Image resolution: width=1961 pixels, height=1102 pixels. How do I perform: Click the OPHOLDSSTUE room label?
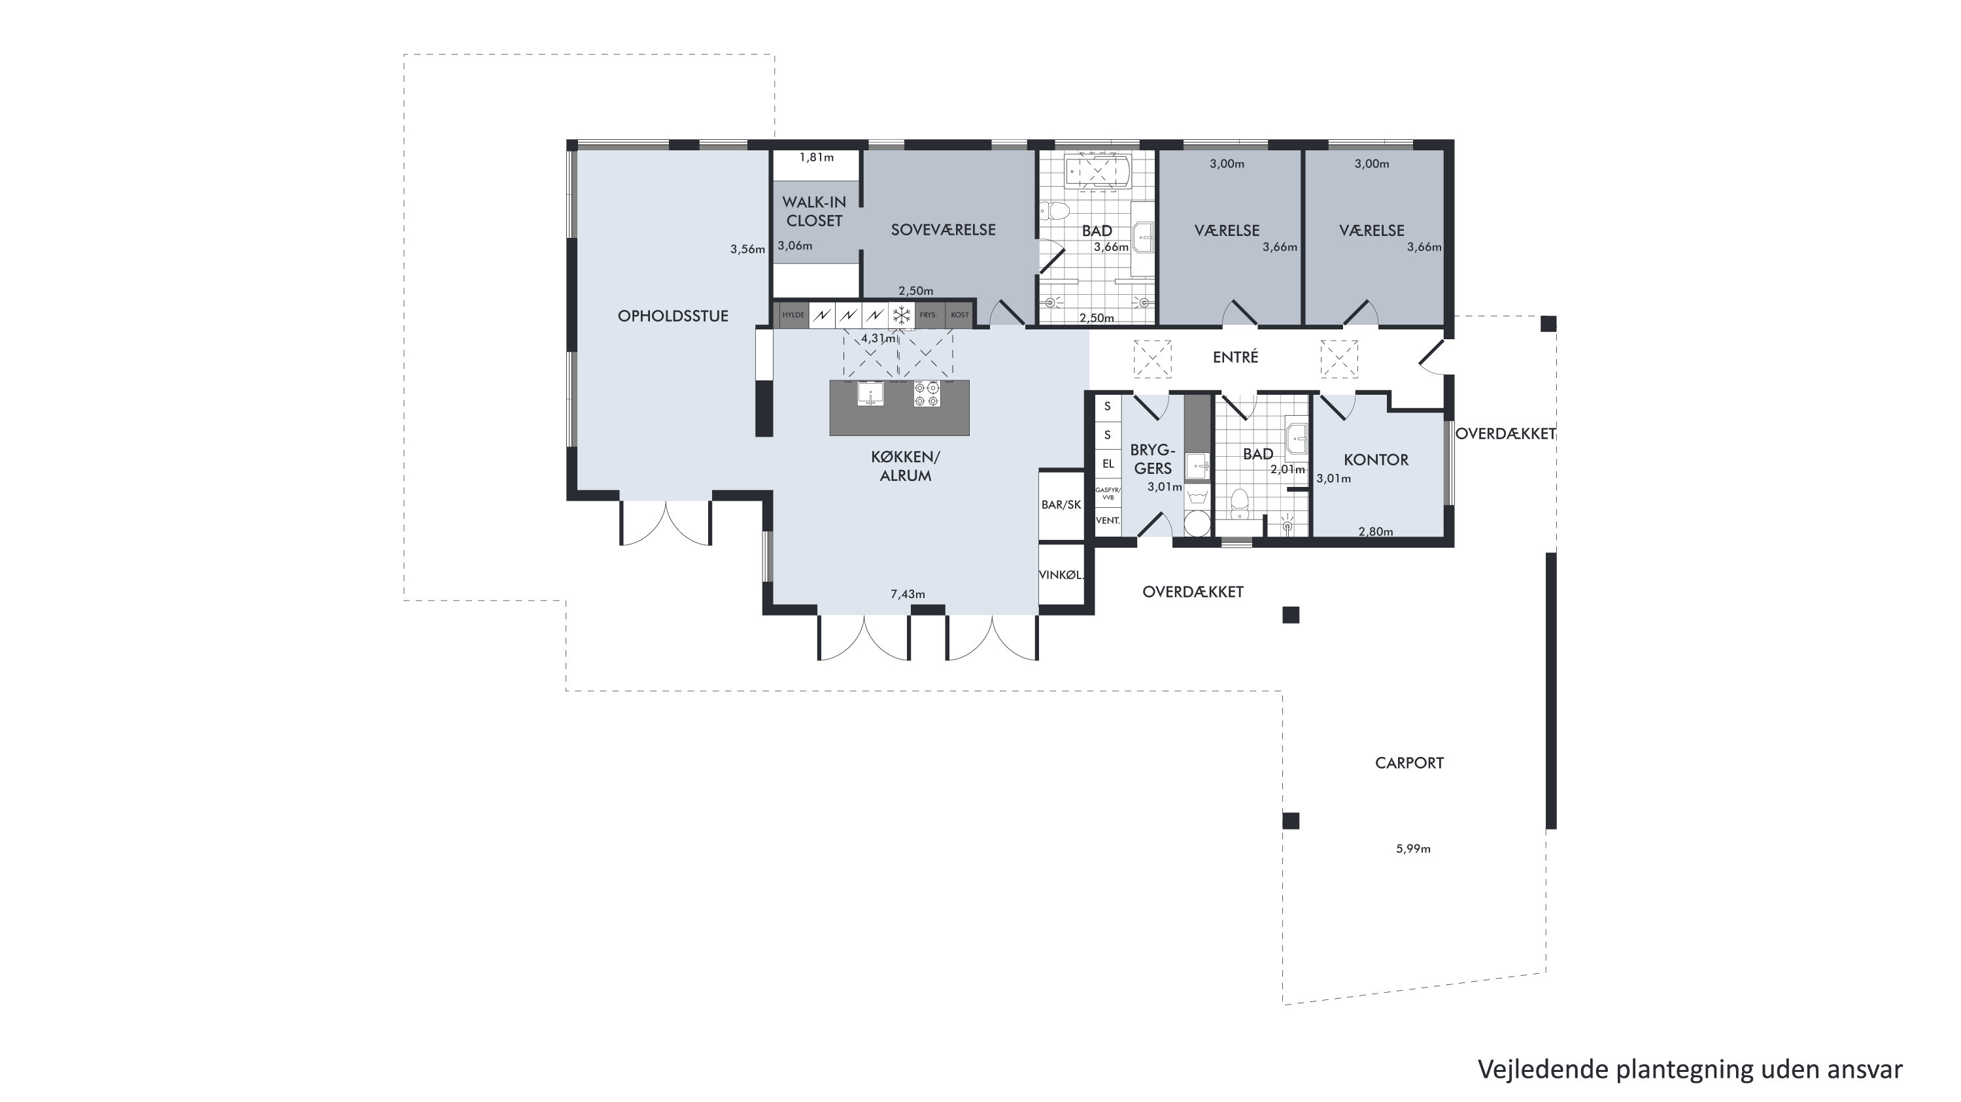(673, 316)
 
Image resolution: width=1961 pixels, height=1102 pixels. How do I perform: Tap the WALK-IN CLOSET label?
(814, 212)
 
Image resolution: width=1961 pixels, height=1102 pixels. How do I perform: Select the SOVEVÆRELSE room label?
(943, 230)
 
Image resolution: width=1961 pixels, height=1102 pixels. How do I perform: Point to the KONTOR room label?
(1376, 459)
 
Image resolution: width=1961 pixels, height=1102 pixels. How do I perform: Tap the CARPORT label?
(1409, 763)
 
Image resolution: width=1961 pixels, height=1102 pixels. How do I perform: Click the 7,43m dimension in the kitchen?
(908, 594)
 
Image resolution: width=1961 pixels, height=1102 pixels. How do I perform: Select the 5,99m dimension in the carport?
(1413, 848)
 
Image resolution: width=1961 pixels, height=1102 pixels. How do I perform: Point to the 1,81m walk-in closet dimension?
(816, 158)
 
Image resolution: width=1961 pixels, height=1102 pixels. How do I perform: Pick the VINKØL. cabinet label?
(1061, 575)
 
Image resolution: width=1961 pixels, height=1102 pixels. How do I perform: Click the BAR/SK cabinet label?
(1061, 505)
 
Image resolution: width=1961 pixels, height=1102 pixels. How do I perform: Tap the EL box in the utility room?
(1108, 463)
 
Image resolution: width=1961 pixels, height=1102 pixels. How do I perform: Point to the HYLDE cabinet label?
(793, 315)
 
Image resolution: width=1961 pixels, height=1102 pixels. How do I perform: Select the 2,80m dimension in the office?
(1376, 532)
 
